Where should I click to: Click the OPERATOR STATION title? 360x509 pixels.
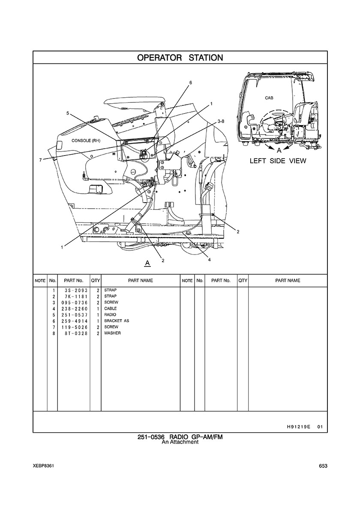coord(180,58)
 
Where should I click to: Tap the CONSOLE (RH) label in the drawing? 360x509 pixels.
coord(86,141)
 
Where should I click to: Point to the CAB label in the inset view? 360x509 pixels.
coord(269,98)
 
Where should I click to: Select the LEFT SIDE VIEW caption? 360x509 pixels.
coord(278,161)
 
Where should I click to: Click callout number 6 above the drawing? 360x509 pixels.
coord(191,82)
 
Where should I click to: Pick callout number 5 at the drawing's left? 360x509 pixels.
coord(68,113)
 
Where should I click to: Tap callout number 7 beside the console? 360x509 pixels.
coord(40,159)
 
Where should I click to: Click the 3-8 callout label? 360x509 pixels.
coord(221,121)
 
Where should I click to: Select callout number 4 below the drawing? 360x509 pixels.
coord(210,260)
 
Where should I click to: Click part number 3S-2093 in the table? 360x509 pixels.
coord(74,290)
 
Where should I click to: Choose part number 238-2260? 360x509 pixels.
coord(74,309)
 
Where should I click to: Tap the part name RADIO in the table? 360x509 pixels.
coord(110,315)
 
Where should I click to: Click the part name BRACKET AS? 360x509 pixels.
coord(117,321)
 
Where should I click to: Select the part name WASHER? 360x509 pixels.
coord(112,333)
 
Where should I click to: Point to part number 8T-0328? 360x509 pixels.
coord(74,333)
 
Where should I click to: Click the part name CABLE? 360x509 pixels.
coord(111,309)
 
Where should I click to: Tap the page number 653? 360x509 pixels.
coord(323,466)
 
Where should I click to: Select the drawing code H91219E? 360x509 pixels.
coord(296,427)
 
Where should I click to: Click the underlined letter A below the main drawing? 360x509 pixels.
coord(147,263)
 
